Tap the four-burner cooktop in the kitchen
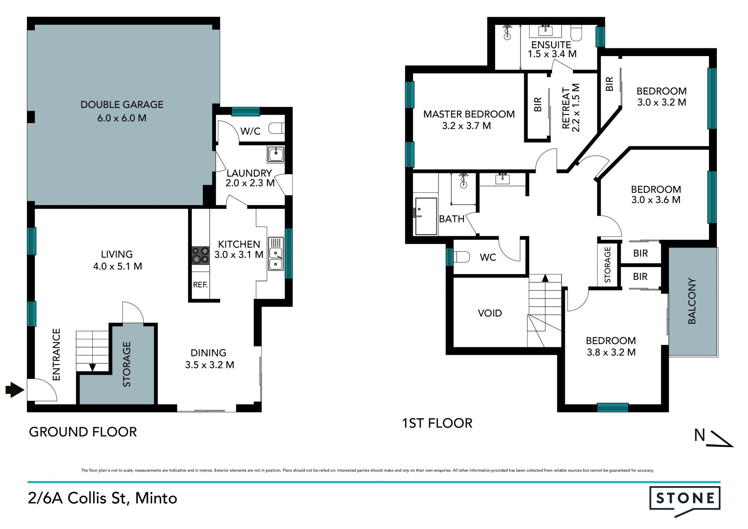(201, 255)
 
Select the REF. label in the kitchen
(200, 285)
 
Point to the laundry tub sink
(276, 154)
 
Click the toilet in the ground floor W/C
(277, 128)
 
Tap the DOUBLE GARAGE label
(122, 104)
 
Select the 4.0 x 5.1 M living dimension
(118, 266)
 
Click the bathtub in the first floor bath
(426, 216)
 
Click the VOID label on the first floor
(490, 313)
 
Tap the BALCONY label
(692, 301)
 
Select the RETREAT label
(566, 108)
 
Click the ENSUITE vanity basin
(545, 30)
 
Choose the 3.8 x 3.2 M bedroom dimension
(611, 352)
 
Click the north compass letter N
(700, 435)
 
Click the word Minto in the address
(156, 498)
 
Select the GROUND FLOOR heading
(83, 432)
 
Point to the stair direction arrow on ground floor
(93, 367)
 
